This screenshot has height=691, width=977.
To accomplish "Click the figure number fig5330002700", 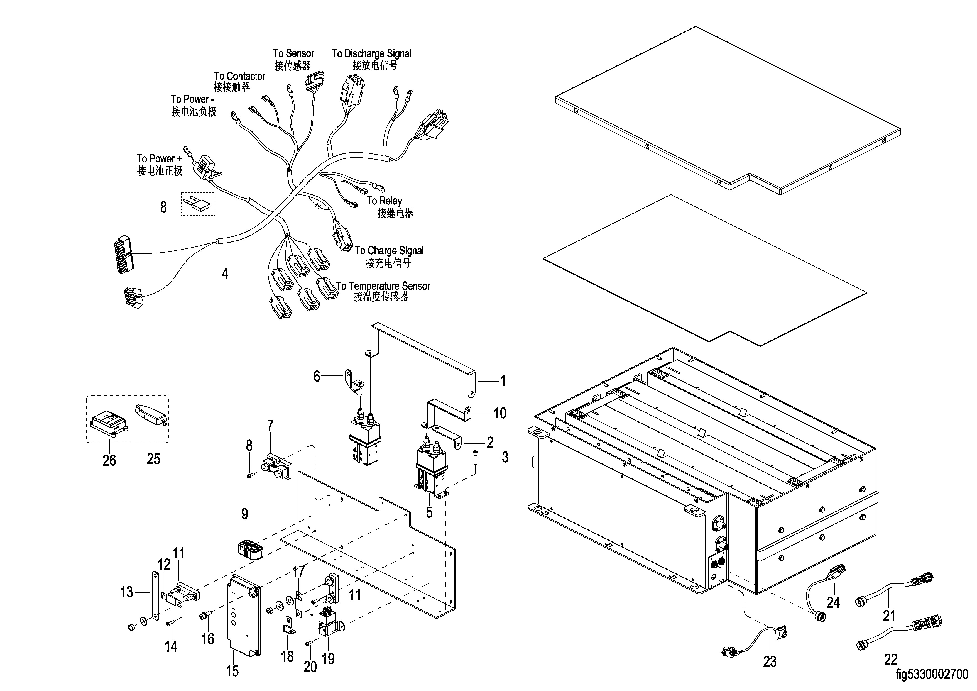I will pos(931,674).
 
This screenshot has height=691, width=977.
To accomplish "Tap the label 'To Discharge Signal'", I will pos(371,54).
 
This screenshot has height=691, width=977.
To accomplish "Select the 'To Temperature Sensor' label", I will pos(383,286).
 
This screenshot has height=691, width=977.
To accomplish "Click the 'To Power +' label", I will pos(159,159).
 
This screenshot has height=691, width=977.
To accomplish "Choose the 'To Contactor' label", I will pos(239,76).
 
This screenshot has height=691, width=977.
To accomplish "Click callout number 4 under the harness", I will pos(225,273).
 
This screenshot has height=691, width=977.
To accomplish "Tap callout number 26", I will pos(109,460).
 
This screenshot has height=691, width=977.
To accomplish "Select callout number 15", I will pos(232,671).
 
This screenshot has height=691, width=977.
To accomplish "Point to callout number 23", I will pos(769,661).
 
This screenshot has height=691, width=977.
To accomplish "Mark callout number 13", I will pos(127,592).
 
